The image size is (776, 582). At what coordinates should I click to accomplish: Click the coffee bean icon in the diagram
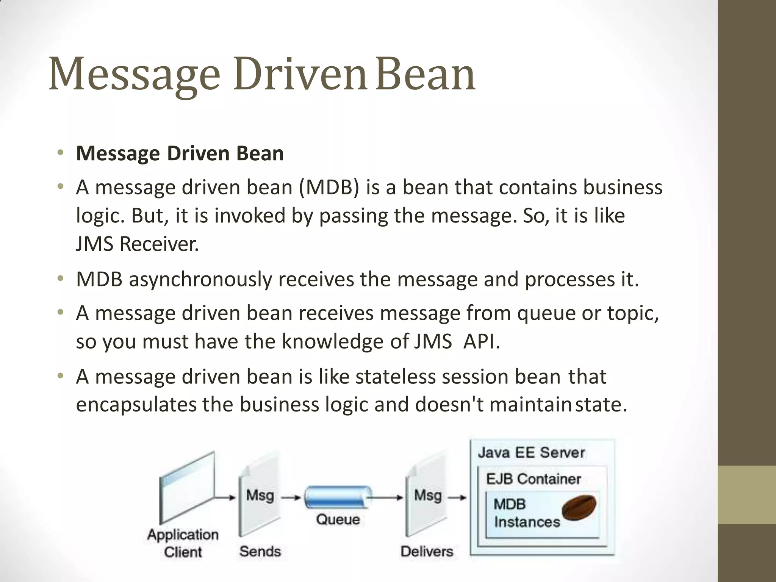click(579, 507)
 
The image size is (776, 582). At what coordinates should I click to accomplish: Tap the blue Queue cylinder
click(336, 497)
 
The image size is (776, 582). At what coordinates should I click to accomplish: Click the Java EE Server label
click(531, 453)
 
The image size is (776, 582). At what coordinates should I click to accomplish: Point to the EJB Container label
click(533, 479)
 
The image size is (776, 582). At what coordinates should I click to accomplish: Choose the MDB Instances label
click(526, 513)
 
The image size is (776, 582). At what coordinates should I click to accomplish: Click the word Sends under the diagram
click(260, 551)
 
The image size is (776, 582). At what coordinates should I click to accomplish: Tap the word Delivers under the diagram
click(427, 551)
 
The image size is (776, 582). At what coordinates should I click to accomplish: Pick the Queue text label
click(338, 519)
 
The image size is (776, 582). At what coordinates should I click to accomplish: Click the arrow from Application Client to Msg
click(226, 497)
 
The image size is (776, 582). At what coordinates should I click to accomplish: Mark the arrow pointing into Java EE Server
click(458, 497)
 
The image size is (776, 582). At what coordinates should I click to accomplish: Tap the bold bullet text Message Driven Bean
click(180, 153)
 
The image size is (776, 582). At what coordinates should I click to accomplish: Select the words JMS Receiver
click(137, 244)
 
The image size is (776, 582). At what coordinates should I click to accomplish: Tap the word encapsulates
click(136, 405)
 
